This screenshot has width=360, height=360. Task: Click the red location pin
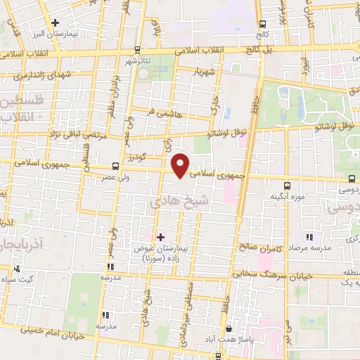[x=181, y=165]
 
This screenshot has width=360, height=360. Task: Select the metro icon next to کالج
[x=262, y=23]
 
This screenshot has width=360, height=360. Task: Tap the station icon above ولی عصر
[x=115, y=167]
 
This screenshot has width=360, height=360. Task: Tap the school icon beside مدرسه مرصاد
[x=309, y=237]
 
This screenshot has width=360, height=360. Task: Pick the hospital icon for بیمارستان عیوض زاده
[x=162, y=237]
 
